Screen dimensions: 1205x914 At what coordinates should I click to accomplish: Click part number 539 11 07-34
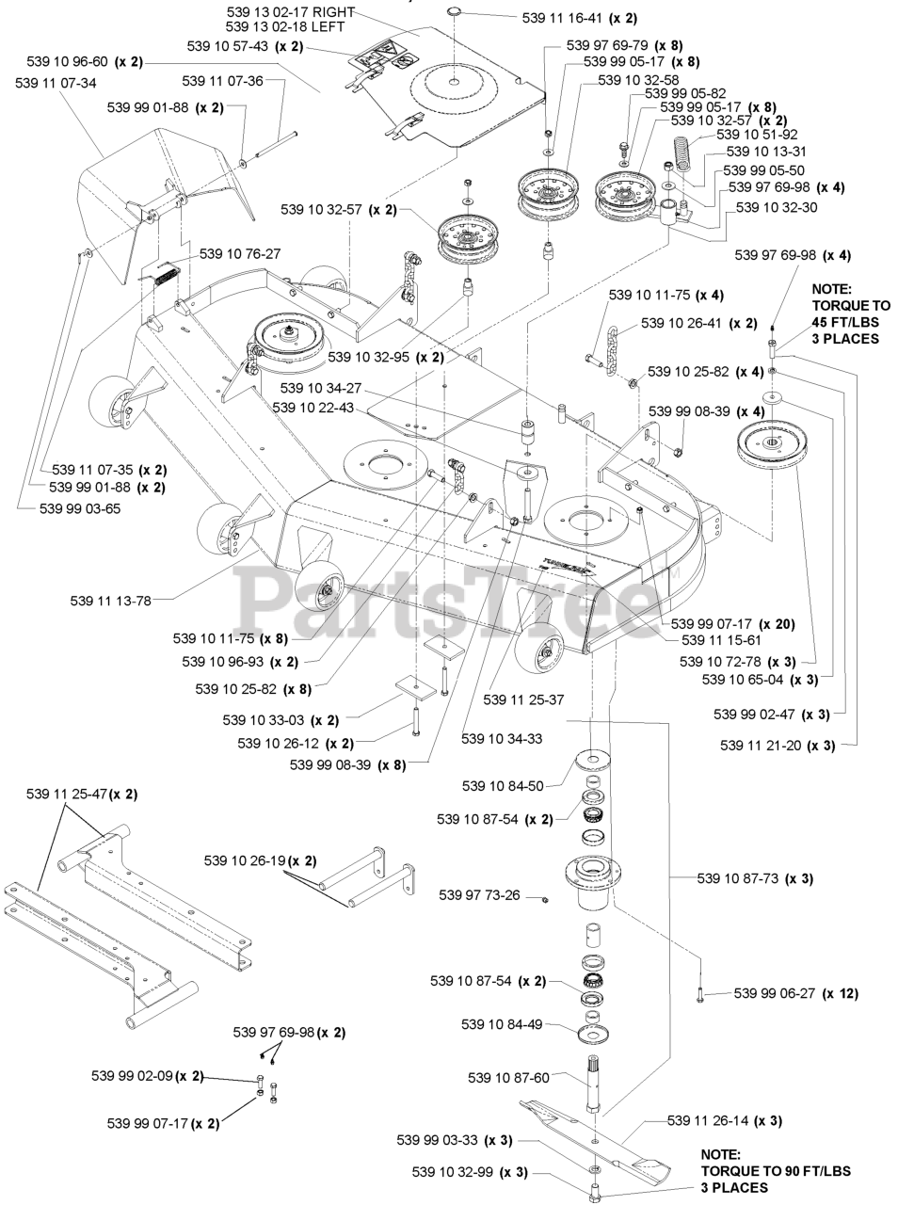click(56, 83)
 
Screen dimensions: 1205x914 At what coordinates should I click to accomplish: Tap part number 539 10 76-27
click(239, 253)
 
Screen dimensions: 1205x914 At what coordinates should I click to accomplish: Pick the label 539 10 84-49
click(501, 1024)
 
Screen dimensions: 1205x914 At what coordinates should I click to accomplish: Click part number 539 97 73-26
click(480, 894)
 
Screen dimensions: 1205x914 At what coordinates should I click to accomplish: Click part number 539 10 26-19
click(247, 860)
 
